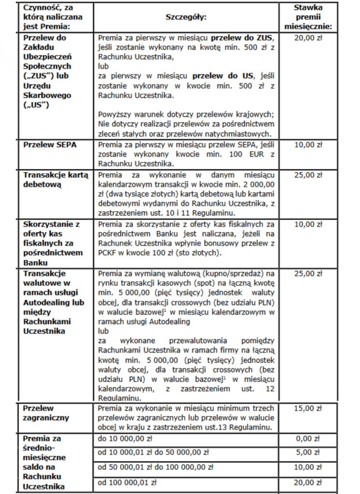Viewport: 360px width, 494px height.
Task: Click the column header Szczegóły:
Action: pyautogui.click(x=186, y=17)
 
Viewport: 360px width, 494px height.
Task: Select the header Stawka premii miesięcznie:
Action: pyautogui.click(x=315, y=17)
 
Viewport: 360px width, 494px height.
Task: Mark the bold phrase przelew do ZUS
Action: pyautogui.click(x=245, y=38)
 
